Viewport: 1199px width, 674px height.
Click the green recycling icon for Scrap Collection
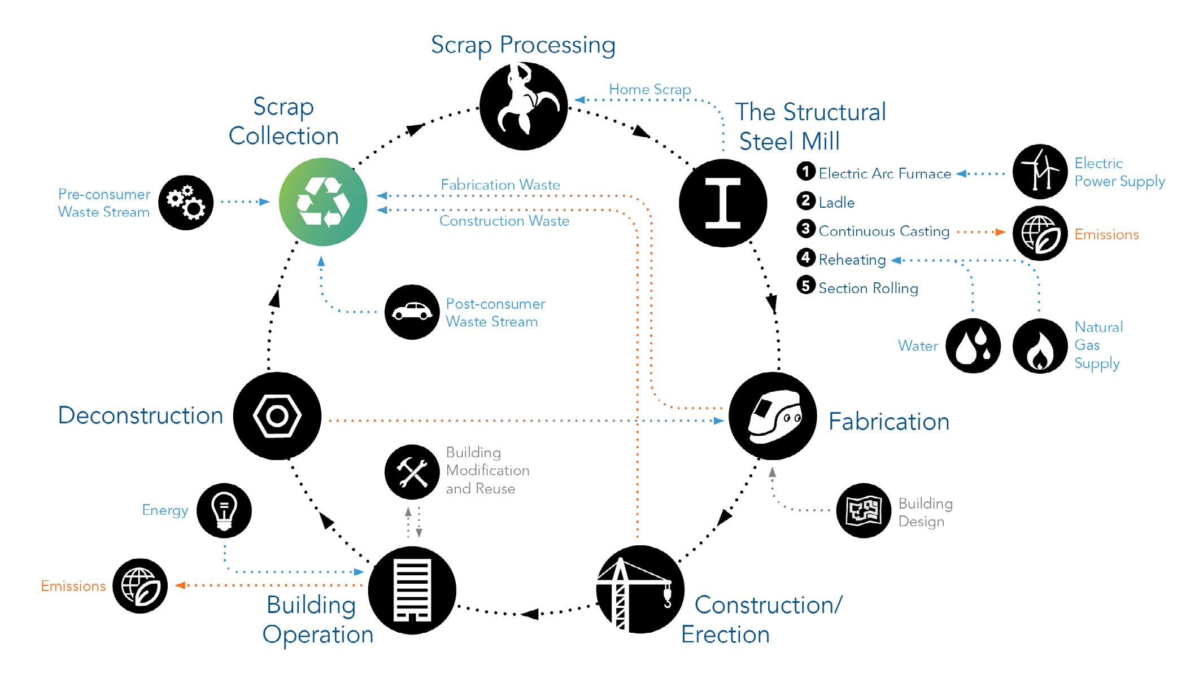tap(323, 202)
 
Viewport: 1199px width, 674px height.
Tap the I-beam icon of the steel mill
tap(722, 203)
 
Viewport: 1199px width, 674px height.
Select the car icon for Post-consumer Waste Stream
tap(412, 312)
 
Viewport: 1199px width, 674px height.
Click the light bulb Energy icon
tap(224, 510)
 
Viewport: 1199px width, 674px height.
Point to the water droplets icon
tap(973, 345)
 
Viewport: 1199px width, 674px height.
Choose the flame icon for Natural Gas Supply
tap(1039, 345)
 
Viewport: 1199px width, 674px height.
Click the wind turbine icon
tap(1039, 172)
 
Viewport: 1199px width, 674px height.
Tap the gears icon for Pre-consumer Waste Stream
tap(186, 203)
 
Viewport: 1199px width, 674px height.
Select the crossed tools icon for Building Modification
tap(412, 472)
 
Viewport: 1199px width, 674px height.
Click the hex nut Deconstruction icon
tap(277, 416)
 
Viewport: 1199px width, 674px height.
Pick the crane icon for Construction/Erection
tap(640, 590)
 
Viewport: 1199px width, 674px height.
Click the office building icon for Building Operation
tap(412, 590)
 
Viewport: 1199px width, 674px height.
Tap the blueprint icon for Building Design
tap(864, 510)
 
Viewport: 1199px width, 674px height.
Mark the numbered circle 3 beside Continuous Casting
tap(806, 229)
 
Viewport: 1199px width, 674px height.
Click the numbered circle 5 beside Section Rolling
tap(806, 286)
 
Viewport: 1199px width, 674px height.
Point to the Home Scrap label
tap(649, 89)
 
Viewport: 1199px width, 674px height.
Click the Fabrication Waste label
tap(500, 185)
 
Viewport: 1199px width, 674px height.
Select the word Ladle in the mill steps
tap(836, 203)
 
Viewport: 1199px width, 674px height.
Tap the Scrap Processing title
tap(523, 45)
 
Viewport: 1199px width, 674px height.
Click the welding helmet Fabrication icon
tap(773, 416)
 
